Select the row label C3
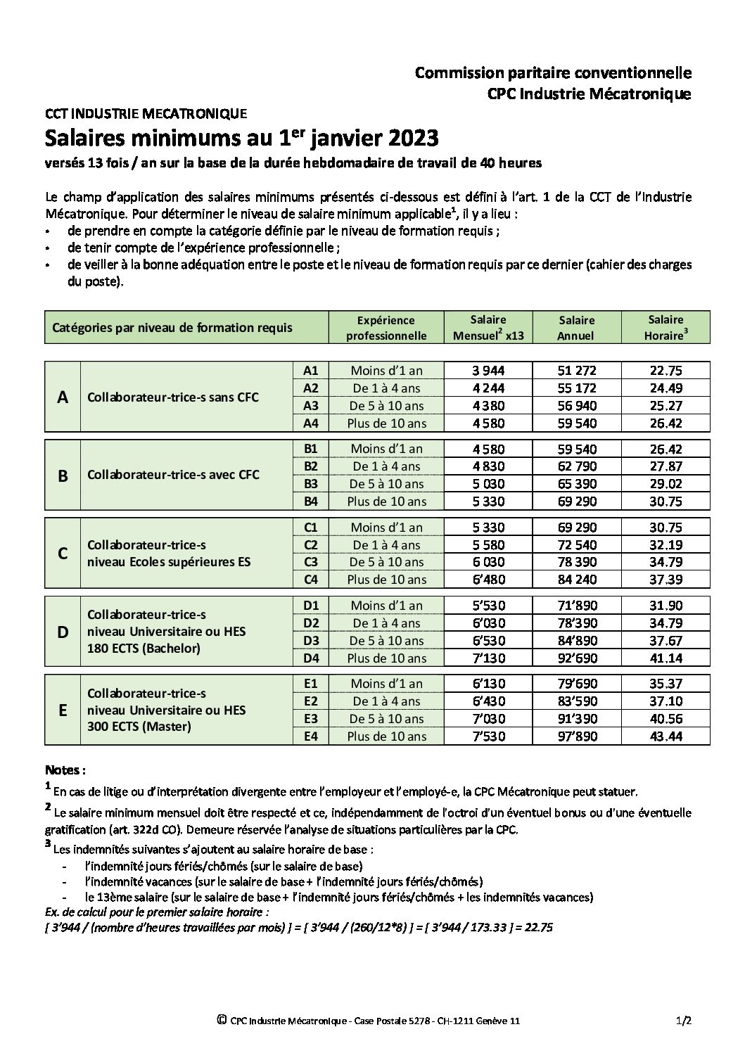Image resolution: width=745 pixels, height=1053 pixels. (x=310, y=562)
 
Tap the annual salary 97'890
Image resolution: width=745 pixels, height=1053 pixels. (x=576, y=736)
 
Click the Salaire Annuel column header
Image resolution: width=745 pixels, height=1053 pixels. (x=575, y=328)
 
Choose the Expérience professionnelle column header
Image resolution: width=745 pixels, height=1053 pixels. (x=386, y=328)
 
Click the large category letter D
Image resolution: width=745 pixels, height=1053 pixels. (x=63, y=632)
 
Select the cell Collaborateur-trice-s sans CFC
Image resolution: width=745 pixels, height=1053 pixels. (x=173, y=397)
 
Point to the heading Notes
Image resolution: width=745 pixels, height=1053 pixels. (x=65, y=770)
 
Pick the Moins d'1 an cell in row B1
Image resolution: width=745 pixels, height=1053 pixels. (x=386, y=449)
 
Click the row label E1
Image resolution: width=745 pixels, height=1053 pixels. (x=310, y=684)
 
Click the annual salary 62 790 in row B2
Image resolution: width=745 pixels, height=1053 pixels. (x=576, y=466)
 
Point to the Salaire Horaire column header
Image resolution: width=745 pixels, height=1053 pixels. (x=666, y=328)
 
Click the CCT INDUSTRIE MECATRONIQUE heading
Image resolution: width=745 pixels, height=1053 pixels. (x=146, y=113)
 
